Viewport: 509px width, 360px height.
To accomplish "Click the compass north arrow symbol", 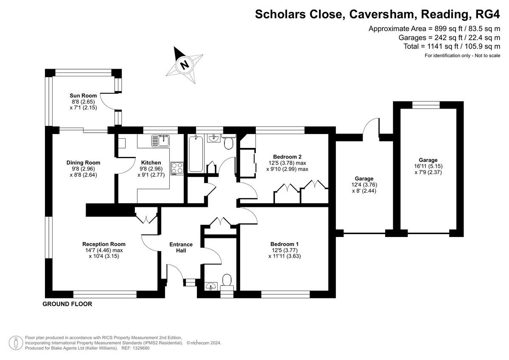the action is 184,64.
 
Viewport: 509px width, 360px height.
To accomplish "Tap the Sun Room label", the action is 83,95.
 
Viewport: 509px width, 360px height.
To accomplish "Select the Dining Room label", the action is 83,162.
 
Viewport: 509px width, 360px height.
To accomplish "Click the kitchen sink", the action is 160,140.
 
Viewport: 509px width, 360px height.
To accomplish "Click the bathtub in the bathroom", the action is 196,153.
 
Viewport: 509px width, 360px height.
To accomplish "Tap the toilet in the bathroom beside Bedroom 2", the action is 229,143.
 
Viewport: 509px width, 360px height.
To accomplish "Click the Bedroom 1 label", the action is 284,244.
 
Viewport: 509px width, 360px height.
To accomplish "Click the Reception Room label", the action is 104,244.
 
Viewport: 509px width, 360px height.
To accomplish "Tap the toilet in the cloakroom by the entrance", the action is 227,281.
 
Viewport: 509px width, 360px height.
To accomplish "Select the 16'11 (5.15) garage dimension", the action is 428,166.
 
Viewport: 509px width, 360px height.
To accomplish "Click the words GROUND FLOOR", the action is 67,304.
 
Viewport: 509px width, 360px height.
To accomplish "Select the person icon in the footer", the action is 16,342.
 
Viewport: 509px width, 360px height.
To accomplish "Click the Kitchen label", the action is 151,162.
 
